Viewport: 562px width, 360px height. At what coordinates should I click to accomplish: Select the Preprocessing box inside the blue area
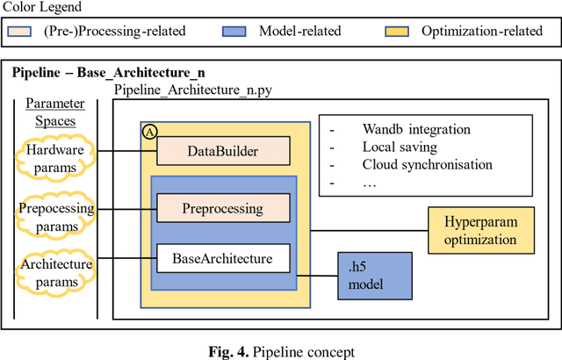pos(222,209)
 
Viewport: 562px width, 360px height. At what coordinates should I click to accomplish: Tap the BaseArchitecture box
pos(222,259)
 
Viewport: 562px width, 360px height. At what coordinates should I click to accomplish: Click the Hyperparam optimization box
pos(480,230)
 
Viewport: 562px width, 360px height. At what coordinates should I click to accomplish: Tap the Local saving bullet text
pos(400,147)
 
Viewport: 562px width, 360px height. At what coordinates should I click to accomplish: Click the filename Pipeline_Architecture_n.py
pos(194,90)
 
